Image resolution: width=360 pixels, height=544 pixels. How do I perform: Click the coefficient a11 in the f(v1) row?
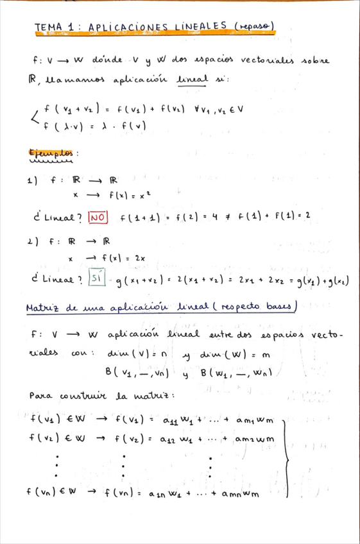coord(171,421)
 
